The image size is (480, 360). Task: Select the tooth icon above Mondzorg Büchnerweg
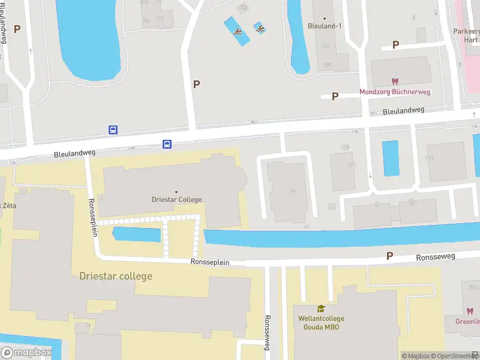[x=395, y=82]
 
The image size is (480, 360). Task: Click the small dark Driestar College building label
[x=176, y=199]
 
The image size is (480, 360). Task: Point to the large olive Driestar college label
[x=116, y=276]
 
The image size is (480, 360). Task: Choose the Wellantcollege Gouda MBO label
[x=320, y=322]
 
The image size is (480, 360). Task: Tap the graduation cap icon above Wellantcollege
[x=320, y=308]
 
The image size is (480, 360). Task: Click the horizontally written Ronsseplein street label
[x=210, y=262]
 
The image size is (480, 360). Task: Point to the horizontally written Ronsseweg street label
[x=436, y=257]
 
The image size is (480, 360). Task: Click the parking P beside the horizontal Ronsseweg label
[x=389, y=256]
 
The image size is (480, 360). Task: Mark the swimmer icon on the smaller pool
[x=260, y=28]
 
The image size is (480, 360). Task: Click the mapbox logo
[x=26, y=352]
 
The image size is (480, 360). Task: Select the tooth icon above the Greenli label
[x=470, y=311]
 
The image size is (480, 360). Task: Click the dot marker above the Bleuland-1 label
[x=324, y=18]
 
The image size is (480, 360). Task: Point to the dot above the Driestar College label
[x=176, y=191]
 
